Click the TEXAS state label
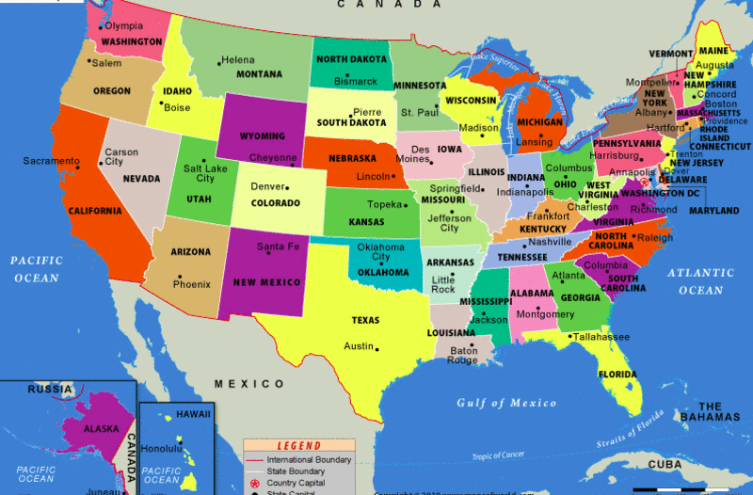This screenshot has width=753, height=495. coord(365,320)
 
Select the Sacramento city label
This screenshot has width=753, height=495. coord(52,161)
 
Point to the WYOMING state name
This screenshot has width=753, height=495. coord(262,136)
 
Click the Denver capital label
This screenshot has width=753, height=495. coord(267,185)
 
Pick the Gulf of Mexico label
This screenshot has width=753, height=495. coord(506,403)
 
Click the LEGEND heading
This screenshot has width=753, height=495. coord(297,446)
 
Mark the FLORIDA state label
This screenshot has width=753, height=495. coord(617,374)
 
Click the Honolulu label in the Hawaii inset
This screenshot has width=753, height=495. coord(161,448)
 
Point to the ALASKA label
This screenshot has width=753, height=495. coord(101,428)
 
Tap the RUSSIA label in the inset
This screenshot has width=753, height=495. coord(50,389)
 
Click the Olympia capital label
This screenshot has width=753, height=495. coord(124,25)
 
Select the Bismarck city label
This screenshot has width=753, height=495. coord(355,82)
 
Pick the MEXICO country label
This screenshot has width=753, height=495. coord(248,384)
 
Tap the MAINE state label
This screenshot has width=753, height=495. coord(713,50)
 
